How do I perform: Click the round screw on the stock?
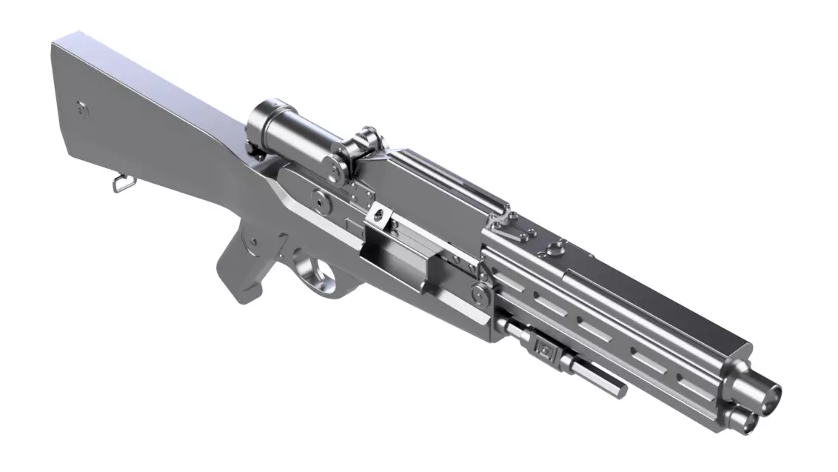[81, 108]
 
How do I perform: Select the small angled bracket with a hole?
[379, 215]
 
